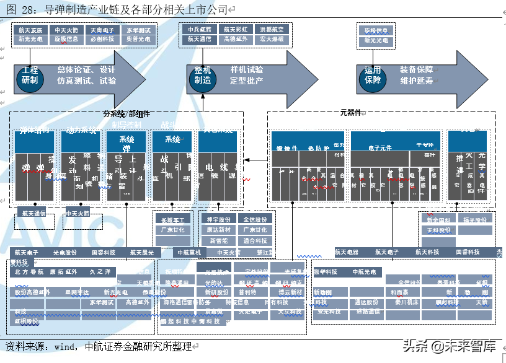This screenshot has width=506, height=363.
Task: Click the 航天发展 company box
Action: click(30, 30)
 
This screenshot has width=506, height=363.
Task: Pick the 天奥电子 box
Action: click(102, 30)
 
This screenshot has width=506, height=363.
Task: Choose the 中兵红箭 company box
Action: click(200, 29)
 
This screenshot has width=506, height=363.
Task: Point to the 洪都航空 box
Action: click(272, 29)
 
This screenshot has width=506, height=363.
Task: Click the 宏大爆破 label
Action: click(272, 39)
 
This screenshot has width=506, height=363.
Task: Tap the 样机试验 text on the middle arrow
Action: click(247, 70)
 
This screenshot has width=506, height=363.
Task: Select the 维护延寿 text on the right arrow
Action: click(417, 81)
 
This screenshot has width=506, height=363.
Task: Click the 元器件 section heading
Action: click(350, 113)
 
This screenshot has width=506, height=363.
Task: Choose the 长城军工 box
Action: click(173, 219)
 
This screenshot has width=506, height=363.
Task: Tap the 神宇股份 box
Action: click(218, 219)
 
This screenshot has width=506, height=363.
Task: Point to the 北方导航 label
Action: click(29, 272)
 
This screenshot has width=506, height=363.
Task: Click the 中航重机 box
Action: click(189, 252)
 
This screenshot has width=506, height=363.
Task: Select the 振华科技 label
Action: click(326, 272)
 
